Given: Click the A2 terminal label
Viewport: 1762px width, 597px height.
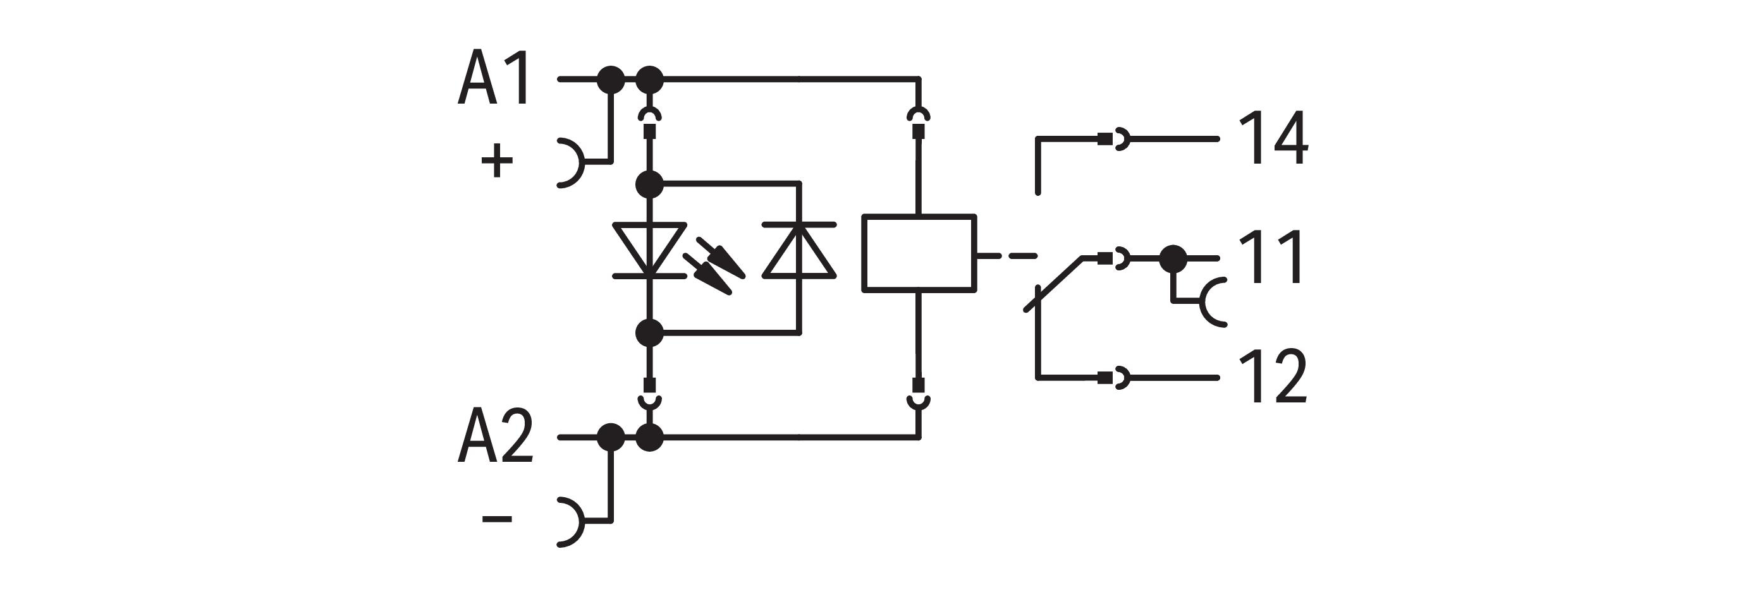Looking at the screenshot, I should (495, 436).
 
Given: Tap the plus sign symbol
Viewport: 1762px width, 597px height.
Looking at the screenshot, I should (498, 160).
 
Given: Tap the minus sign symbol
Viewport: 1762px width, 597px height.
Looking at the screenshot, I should (498, 519).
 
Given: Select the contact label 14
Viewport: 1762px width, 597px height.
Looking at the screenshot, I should (1273, 139).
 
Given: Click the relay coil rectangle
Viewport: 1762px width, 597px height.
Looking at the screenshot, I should (919, 254).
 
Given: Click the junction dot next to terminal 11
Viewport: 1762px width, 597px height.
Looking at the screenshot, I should (1173, 258).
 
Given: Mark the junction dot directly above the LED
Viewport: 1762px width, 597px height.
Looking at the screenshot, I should (649, 184).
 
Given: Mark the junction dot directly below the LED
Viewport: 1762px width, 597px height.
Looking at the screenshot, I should (649, 333).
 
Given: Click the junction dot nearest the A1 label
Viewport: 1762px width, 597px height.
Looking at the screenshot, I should (611, 80).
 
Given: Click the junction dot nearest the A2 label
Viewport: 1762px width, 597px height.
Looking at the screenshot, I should (611, 437).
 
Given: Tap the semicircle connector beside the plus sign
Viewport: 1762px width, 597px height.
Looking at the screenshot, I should (571, 163).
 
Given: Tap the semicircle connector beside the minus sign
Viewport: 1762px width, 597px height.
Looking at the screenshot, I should (571, 522).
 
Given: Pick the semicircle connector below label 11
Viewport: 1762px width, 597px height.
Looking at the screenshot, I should (1212, 301).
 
